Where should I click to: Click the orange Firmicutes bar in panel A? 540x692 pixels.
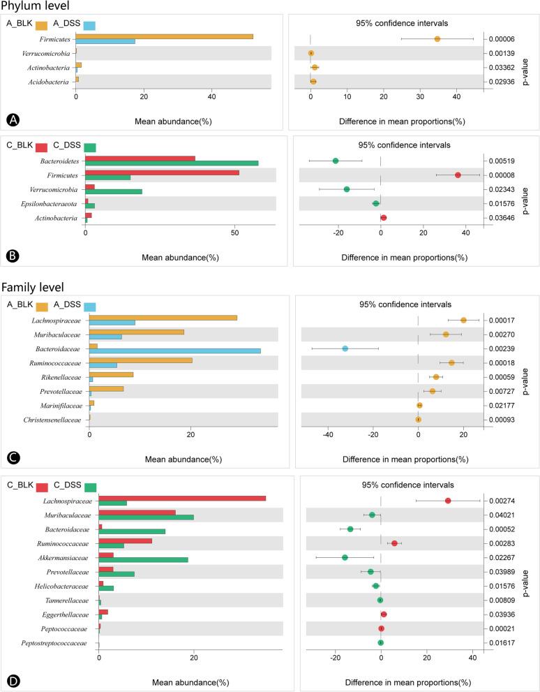click(x=164, y=36)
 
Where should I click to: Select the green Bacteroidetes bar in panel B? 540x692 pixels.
click(x=172, y=163)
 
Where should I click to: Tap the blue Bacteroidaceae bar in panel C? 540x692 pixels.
click(x=174, y=351)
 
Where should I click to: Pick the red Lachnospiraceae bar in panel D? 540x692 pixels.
click(x=182, y=498)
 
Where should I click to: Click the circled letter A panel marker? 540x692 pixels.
click(x=12, y=120)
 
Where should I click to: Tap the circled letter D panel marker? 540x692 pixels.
click(x=12, y=678)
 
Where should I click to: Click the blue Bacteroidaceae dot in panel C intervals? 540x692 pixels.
click(x=345, y=348)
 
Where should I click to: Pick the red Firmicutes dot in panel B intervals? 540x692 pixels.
click(x=458, y=175)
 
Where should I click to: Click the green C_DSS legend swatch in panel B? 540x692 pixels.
click(x=90, y=147)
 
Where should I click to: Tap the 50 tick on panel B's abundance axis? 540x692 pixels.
click(x=234, y=235)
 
